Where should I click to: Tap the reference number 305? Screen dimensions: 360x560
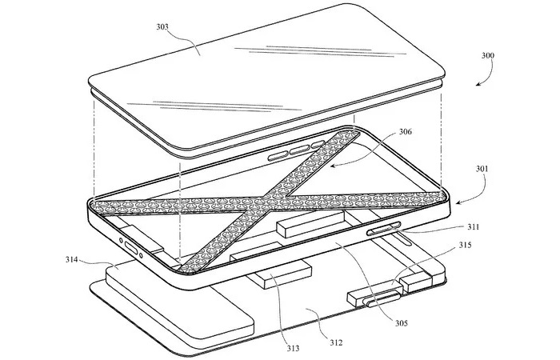(401, 323)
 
